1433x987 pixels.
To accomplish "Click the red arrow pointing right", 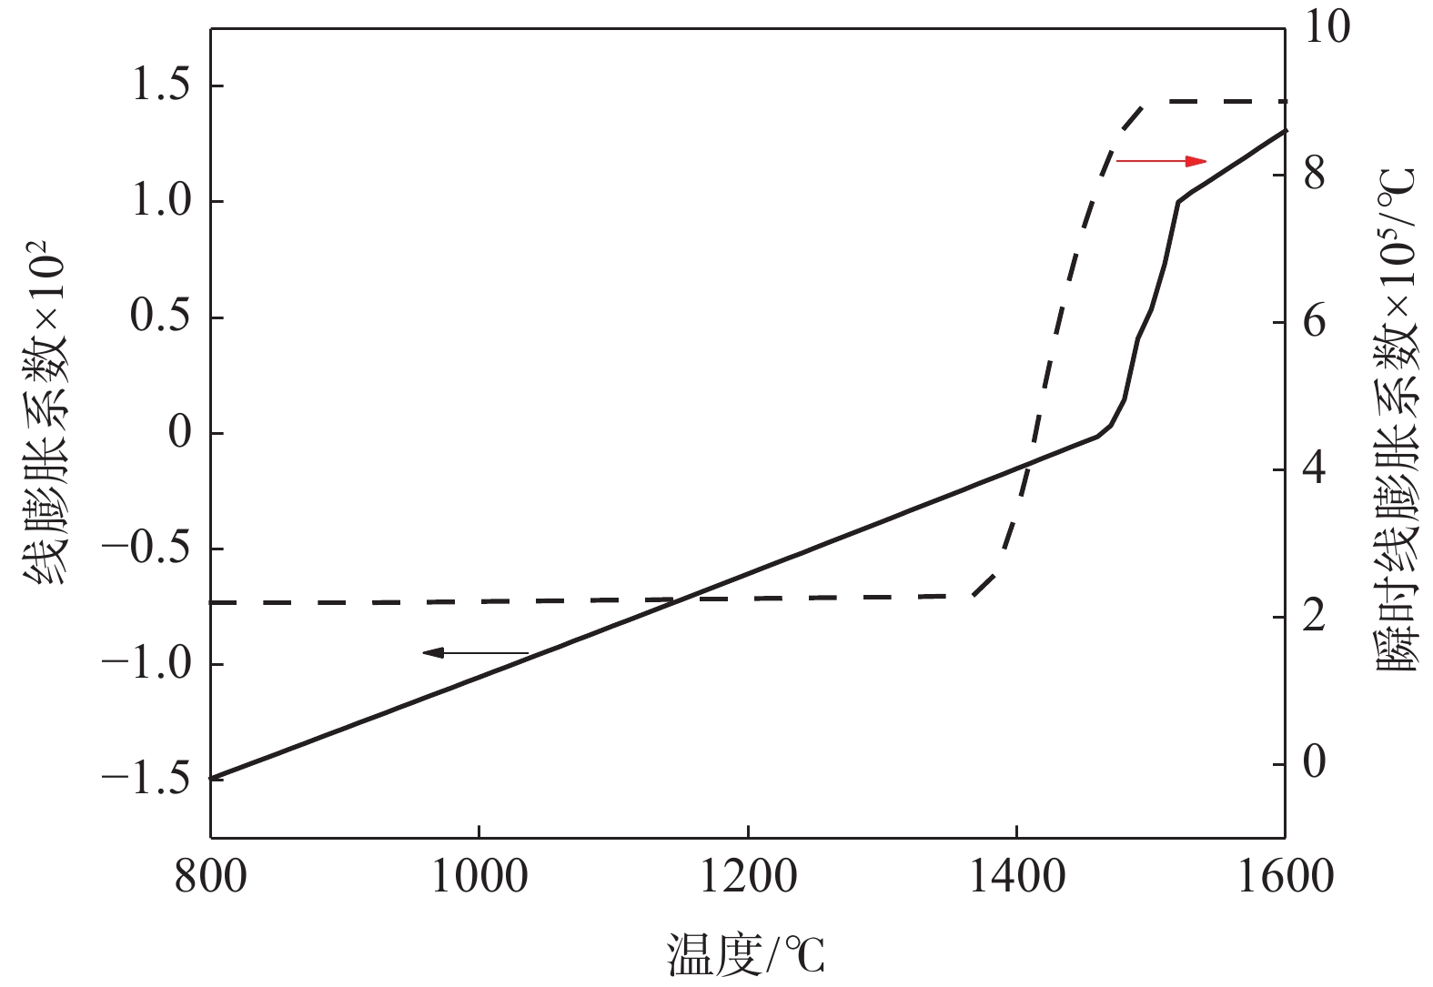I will [x=1161, y=161].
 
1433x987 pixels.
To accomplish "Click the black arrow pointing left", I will [x=475, y=652].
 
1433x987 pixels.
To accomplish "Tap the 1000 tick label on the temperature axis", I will [x=479, y=877].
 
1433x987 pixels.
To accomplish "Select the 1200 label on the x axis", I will [x=748, y=877].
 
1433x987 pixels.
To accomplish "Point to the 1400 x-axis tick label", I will [x=1016, y=877].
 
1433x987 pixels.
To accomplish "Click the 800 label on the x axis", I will [x=211, y=877].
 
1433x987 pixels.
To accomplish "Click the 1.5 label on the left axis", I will [x=161, y=86].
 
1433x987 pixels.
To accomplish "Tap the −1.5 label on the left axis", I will [x=146, y=780].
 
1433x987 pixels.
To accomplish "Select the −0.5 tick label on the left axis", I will [x=146, y=549].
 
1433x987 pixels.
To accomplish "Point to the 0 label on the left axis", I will [x=180, y=433].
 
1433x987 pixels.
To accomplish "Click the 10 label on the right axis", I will [x=1327, y=27].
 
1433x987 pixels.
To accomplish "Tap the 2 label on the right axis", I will [x=1315, y=616].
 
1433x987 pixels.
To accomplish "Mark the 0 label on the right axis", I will [x=1315, y=762].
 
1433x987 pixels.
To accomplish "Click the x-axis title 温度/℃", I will [x=746, y=955].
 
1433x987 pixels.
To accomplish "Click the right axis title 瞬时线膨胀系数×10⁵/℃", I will [x=1397, y=418].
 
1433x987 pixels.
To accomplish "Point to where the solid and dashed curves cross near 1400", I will [x=1025, y=468].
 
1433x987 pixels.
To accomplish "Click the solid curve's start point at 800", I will [x=212, y=779].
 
